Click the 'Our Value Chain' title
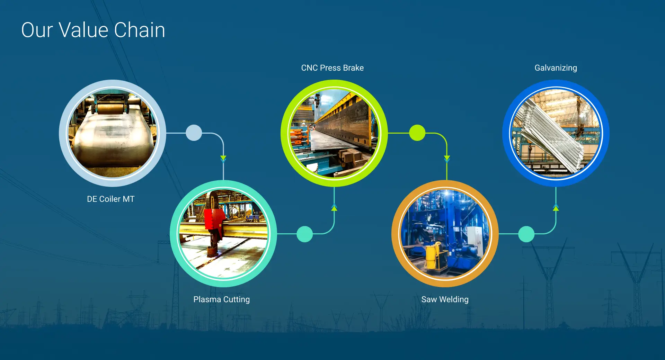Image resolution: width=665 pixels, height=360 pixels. point(93,30)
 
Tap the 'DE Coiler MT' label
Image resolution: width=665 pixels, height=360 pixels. point(110,199)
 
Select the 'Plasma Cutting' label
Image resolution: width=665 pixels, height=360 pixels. point(221,299)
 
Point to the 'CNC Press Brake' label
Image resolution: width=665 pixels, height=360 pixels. point(332,68)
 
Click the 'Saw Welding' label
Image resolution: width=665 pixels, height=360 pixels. point(445,299)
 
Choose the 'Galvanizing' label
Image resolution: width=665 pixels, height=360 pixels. point(556,68)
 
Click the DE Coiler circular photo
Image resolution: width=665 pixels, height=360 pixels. point(113,133)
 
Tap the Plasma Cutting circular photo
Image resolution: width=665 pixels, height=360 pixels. point(223,234)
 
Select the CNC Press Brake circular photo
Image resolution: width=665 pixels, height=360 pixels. point(334,133)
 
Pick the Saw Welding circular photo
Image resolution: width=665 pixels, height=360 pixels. point(445,234)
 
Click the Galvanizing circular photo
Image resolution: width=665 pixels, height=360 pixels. point(556,133)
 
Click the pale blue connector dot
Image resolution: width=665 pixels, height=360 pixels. point(194,133)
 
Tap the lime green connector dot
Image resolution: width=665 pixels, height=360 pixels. point(417,133)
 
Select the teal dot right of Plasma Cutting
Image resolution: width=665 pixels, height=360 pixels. point(305,234)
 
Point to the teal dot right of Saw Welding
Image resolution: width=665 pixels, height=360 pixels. point(526,234)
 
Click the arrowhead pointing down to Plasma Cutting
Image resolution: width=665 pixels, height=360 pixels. point(223,159)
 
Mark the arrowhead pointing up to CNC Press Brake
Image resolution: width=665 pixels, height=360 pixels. point(334,208)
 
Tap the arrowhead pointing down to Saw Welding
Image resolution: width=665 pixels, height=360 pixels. point(447,159)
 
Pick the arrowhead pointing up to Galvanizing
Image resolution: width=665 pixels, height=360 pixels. point(556,208)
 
